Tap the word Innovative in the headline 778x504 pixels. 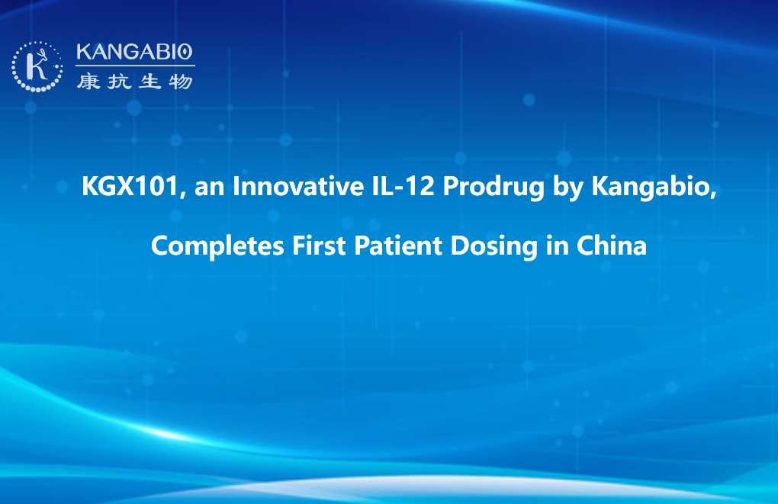click(x=298, y=186)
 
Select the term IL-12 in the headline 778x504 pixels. click(x=403, y=186)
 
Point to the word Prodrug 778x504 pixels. click(x=493, y=188)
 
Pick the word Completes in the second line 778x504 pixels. click(x=217, y=246)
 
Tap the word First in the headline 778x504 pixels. click(x=319, y=246)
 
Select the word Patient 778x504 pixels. click(x=398, y=246)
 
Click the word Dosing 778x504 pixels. click(x=494, y=247)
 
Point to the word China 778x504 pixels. click(x=611, y=246)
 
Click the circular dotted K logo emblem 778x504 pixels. click(x=37, y=67)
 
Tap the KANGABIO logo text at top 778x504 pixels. click(x=134, y=52)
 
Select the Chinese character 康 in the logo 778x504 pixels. click(x=88, y=82)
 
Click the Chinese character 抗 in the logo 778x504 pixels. click(x=119, y=82)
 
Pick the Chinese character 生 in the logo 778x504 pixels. click(x=149, y=82)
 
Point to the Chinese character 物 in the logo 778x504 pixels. click(x=181, y=82)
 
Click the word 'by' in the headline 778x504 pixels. click(x=568, y=188)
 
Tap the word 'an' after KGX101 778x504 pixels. click(x=209, y=188)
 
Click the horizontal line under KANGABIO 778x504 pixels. click(x=135, y=66)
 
